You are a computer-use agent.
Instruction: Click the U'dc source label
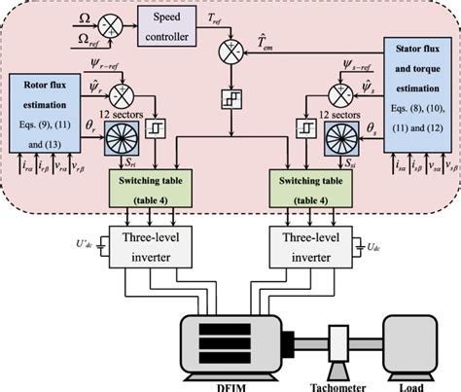[82, 236]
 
